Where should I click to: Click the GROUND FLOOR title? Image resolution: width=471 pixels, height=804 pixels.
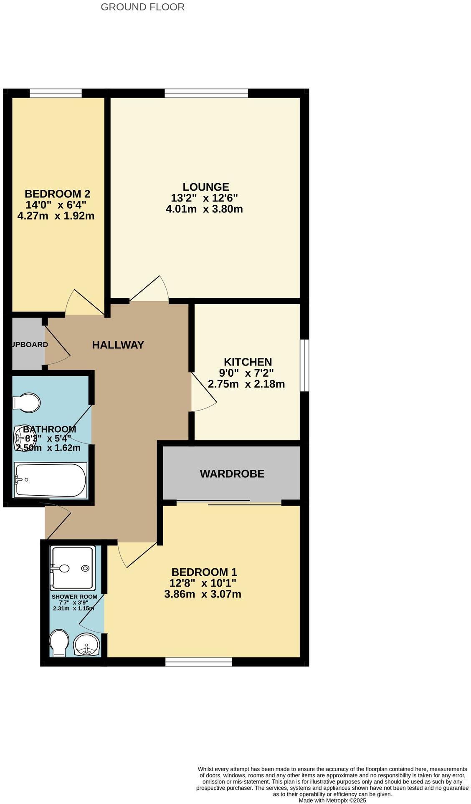tap(142, 7)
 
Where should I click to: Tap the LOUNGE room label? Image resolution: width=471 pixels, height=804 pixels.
tap(206, 187)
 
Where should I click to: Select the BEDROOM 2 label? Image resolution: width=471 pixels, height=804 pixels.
tap(57, 194)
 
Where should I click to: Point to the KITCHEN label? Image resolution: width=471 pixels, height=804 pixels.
tap(248, 362)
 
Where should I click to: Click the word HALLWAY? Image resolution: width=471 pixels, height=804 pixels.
tap(118, 345)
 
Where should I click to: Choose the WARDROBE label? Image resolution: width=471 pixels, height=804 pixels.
tap(232, 474)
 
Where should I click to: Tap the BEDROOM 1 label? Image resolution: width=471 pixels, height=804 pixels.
tap(204, 572)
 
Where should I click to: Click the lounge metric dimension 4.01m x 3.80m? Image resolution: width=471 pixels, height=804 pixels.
tap(204, 209)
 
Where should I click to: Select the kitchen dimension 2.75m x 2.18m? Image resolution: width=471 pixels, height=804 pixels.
tap(246, 384)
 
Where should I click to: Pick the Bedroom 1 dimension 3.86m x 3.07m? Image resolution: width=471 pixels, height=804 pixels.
tap(203, 594)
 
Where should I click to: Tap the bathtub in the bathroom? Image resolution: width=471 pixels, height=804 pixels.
tap(51, 479)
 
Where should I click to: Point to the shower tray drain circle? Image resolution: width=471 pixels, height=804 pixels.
tap(85, 568)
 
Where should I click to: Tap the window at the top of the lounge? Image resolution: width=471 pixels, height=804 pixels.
tap(206, 93)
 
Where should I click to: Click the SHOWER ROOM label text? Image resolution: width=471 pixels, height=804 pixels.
tap(74, 597)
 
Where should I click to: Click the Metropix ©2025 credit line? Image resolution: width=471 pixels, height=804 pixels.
tap(332, 801)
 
